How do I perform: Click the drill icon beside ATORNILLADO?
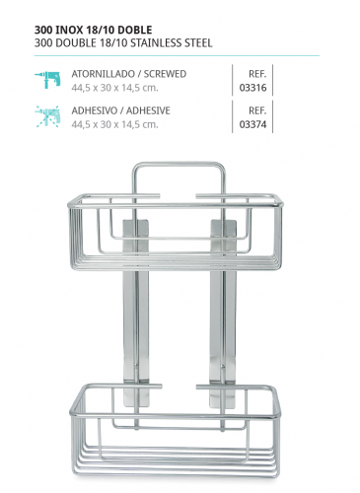tap(47, 80)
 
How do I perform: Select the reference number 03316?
tap(252, 87)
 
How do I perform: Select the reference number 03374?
tap(252, 124)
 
